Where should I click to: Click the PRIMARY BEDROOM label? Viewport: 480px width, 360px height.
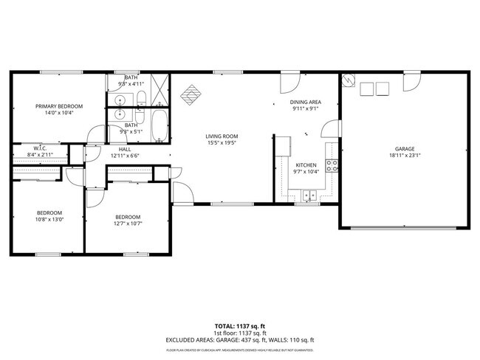[59, 106]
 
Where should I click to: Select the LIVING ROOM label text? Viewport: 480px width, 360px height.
[221, 136]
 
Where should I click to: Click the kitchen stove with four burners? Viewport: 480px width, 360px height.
[334, 166]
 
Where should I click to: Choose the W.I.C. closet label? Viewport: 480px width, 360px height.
[40, 148]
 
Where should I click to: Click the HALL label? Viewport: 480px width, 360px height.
[125, 149]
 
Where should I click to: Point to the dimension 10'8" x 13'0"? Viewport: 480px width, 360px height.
[50, 219]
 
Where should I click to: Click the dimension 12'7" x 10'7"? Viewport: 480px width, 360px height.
[127, 223]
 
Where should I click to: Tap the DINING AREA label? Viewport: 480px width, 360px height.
[304, 103]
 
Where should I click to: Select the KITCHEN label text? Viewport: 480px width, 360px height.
[306, 165]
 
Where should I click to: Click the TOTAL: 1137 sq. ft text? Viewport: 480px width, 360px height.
[240, 325]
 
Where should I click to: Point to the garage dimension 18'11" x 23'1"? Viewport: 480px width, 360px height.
[405, 156]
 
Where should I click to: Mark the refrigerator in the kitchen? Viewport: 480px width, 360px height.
[282, 146]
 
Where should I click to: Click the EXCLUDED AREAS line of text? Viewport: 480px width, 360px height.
[240, 340]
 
